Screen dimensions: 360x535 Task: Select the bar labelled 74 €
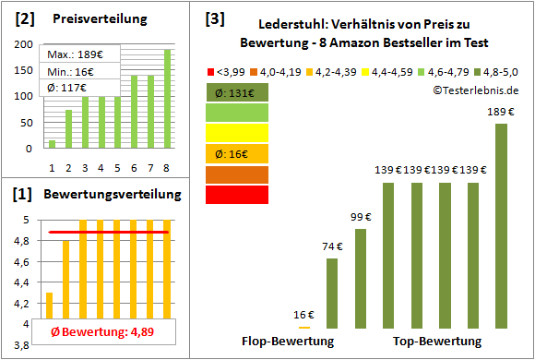click(x=332, y=293)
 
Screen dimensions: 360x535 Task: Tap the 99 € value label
click(x=360, y=216)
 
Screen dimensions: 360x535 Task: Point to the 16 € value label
click(x=303, y=314)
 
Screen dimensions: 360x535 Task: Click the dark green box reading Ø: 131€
click(x=238, y=92)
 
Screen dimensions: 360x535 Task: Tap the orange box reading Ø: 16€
click(x=238, y=153)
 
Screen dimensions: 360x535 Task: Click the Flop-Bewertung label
click(x=288, y=342)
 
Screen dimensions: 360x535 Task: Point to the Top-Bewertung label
click(x=437, y=342)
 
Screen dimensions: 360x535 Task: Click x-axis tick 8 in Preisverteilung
click(x=168, y=167)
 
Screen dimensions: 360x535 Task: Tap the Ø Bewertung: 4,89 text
click(x=101, y=332)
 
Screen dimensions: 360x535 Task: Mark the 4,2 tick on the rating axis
click(x=18, y=303)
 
